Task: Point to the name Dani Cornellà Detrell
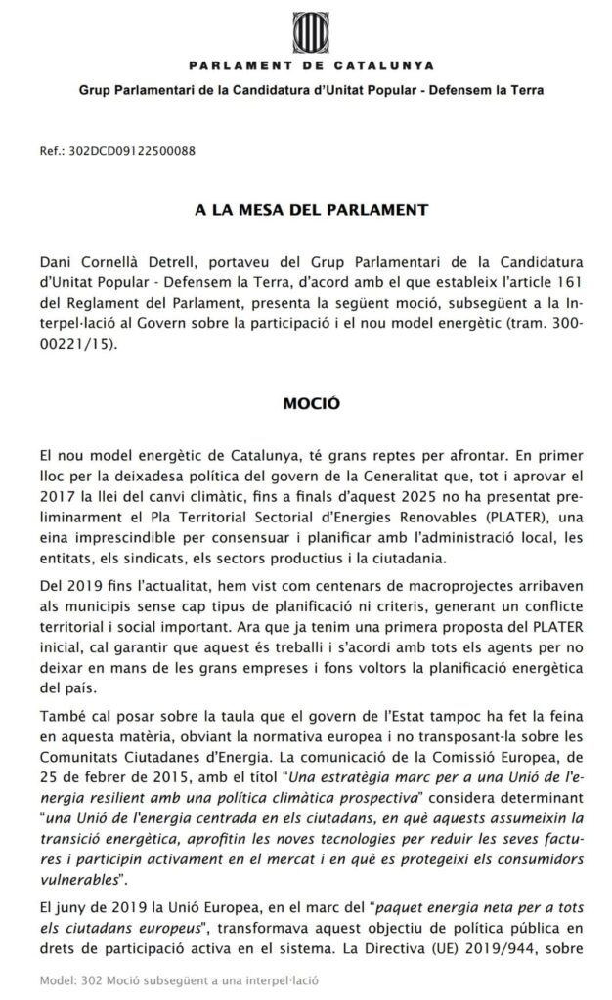pyautogui.click(x=109, y=264)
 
